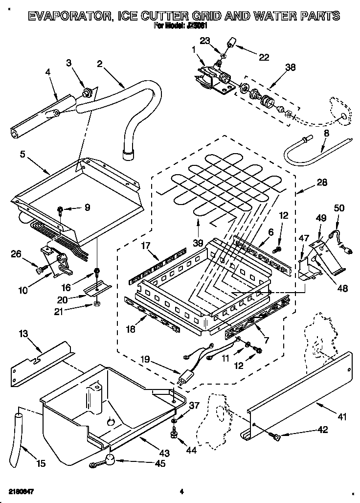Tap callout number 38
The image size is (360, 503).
pos(291,68)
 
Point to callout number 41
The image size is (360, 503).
pos(341,417)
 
